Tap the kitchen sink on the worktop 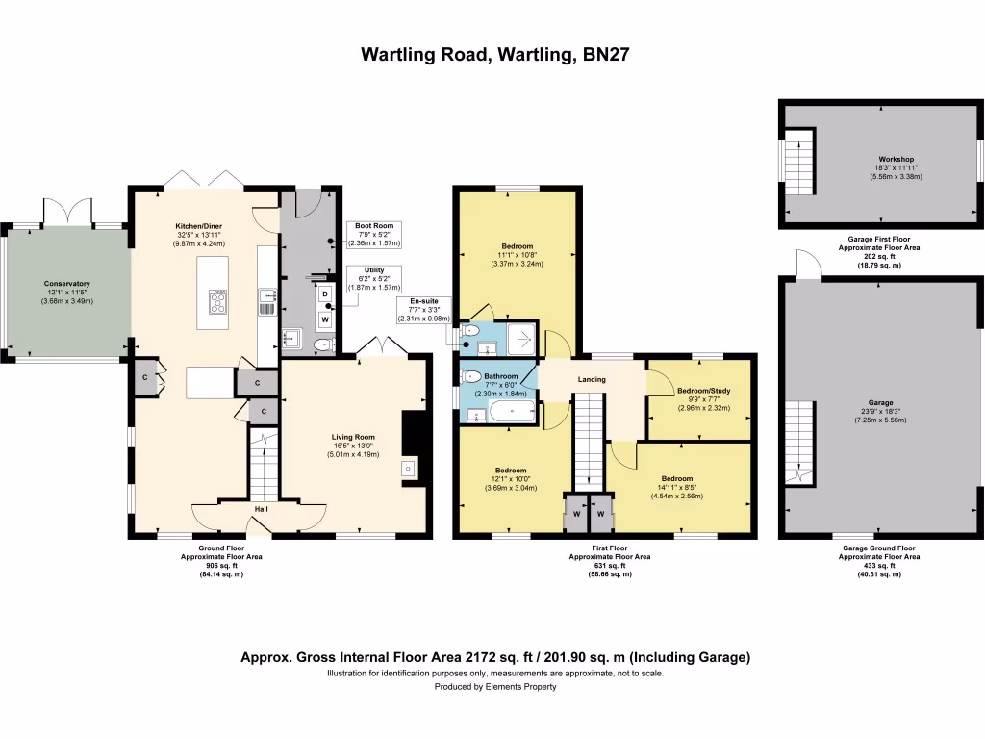(x=267, y=302)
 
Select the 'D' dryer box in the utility (x=325, y=293)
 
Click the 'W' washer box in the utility (x=325, y=319)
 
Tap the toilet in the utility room (x=324, y=344)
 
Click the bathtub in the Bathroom (x=510, y=413)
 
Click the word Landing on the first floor (x=592, y=380)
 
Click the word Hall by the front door (x=261, y=509)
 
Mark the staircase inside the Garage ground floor (x=798, y=443)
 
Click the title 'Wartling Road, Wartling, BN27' (x=494, y=54)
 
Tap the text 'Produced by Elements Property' (x=494, y=687)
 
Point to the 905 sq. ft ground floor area (x=220, y=566)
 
